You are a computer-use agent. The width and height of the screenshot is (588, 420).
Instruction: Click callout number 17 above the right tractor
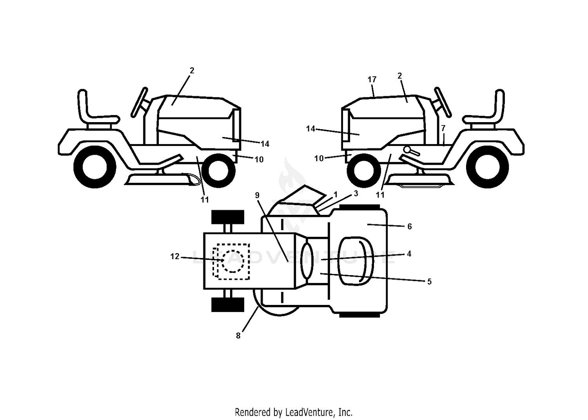click(x=372, y=79)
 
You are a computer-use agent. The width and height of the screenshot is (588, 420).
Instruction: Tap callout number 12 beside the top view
click(x=175, y=256)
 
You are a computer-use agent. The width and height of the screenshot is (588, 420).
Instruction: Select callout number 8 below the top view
click(x=238, y=336)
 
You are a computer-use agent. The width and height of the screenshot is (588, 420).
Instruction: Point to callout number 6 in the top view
click(x=410, y=226)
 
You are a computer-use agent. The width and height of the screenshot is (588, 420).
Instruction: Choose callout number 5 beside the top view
click(x=430, y=281)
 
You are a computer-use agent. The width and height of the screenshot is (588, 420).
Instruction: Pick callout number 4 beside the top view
click(x=409, y=254)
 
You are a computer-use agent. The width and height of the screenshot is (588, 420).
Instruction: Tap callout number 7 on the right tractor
click(x=443, y=128)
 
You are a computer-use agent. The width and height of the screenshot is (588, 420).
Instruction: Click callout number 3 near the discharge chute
click(x=356, y=193)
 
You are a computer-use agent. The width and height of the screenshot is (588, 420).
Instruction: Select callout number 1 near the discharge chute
click(x=335, y=195)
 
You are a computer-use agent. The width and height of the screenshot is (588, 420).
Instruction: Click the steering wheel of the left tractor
click(x=139, y=102)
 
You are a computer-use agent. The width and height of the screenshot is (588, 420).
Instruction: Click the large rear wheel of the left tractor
click(x=95, y=167)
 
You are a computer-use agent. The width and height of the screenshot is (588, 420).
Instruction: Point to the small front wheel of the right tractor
click(x=363, y=170)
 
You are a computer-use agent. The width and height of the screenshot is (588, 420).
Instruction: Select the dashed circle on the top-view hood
click(x=233, y=261)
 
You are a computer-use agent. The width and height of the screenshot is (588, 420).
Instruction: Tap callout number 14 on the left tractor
click(x=265, y=144)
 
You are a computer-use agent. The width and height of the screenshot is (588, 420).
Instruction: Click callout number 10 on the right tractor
click(x=319, y=159)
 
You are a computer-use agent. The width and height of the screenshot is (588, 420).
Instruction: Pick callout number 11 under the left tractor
click(x=205, y=200)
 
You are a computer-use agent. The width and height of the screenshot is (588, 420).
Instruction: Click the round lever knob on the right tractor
click(x=407, y=150)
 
